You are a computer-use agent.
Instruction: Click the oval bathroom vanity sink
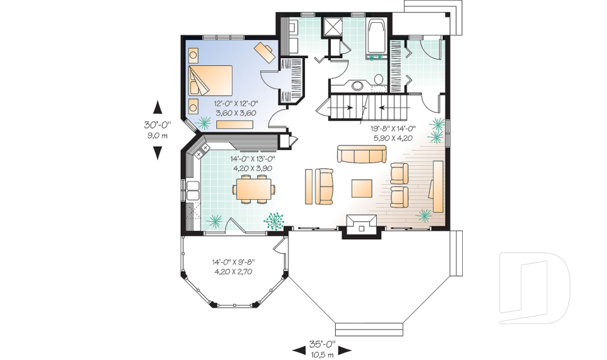pyautogui.click(x=358, y=85)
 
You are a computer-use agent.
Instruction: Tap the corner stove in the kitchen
pyautogui.click(x=202, y=151)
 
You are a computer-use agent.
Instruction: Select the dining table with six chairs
pyautogui.click(x=255, y=189)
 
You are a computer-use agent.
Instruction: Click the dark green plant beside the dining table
pyautogui.click(x=274, y=220)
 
